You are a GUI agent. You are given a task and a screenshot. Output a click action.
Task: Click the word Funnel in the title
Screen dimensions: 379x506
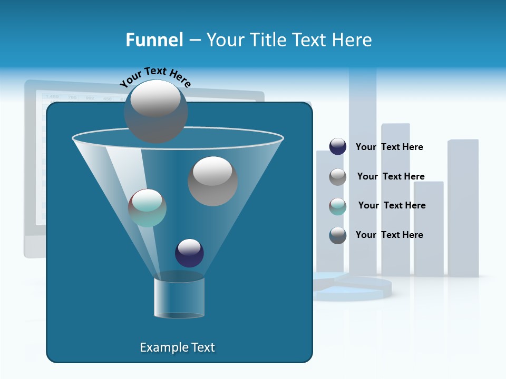click(x=154, y=40)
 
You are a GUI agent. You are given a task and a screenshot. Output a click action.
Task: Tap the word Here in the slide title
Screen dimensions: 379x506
click(x=352, y=40)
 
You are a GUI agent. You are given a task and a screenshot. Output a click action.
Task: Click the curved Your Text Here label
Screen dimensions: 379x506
click(x=155, y=76)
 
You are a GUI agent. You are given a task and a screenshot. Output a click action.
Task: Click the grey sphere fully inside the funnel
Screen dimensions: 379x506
click(x=212, y=181)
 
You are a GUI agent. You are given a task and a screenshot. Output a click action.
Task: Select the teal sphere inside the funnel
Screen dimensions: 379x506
click(x=147, y=207)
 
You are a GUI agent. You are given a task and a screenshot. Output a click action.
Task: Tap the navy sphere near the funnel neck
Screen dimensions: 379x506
click(x=189, y=253)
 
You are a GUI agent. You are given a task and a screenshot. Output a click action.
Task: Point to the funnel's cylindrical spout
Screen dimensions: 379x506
click(x=179, y=298)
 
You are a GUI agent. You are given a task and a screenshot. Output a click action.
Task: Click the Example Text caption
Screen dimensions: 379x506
click(x=177, y=347)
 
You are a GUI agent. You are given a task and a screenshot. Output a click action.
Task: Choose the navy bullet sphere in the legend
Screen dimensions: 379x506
click(x=337, y=147)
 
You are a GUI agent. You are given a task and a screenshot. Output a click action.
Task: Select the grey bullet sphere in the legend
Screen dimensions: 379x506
click(x=337, y=176)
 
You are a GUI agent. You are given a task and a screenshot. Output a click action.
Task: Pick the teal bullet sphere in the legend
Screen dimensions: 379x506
click(x=337, y=206)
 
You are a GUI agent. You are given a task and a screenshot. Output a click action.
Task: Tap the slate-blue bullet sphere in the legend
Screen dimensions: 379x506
click(x=337, y=235)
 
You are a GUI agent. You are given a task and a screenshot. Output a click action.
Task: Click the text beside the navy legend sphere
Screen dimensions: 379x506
click(x=389, y=147)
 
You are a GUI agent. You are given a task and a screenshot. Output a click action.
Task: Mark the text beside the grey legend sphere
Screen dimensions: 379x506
click(x=391, y=176)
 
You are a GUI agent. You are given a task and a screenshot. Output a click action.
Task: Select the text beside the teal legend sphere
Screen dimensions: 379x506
click(x=392, y=205)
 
